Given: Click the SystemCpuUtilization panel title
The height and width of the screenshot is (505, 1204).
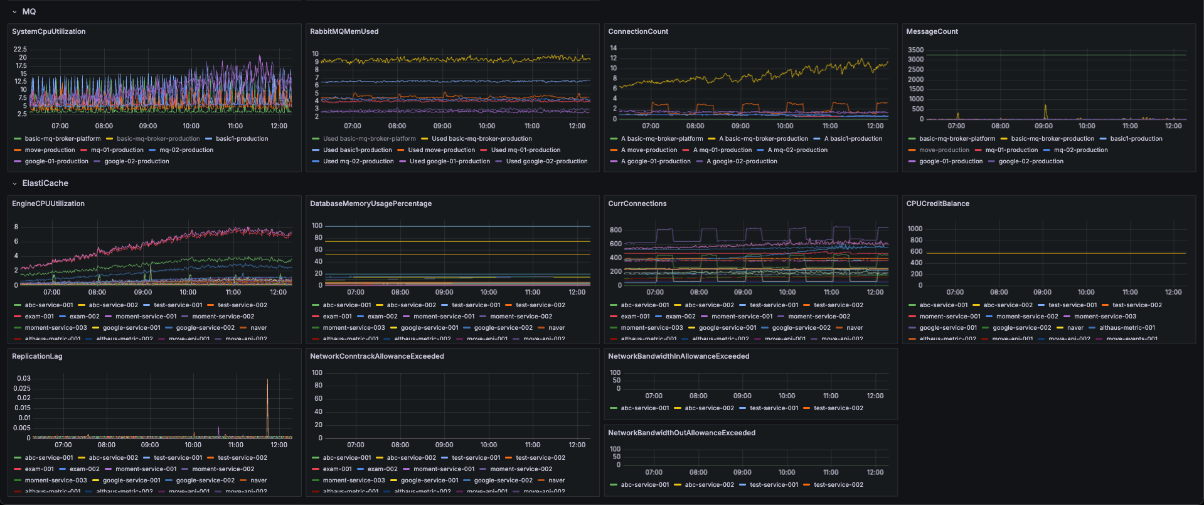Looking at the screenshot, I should point(48,31).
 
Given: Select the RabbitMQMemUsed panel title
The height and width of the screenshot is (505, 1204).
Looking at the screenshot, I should point(344,31).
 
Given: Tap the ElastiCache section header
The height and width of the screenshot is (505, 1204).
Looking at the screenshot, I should point(45,183).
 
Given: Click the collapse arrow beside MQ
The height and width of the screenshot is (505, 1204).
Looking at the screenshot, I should point(14,12).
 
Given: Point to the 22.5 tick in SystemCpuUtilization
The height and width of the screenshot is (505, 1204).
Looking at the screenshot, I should point(20,49).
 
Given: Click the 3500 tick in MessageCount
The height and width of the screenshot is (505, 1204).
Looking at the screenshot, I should point(915,50).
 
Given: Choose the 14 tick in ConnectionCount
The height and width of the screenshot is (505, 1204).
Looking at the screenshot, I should point(613,48).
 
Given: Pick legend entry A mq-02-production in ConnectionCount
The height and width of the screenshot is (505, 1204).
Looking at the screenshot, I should point(797,150).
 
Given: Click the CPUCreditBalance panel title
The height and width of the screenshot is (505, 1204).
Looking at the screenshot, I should point(937,204).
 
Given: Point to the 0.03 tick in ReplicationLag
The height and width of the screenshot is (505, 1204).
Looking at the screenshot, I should point(24,378).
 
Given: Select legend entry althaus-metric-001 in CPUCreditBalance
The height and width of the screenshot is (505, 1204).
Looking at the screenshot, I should point(1127,328).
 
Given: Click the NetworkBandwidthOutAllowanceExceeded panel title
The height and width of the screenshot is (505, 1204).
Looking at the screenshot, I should point(681,433).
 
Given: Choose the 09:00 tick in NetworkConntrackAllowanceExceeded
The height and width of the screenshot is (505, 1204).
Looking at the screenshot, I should point(444,445).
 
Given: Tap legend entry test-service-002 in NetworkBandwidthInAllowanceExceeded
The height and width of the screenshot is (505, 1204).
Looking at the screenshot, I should point(838,408).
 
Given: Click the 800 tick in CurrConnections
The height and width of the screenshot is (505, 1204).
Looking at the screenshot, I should point(615,230).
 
